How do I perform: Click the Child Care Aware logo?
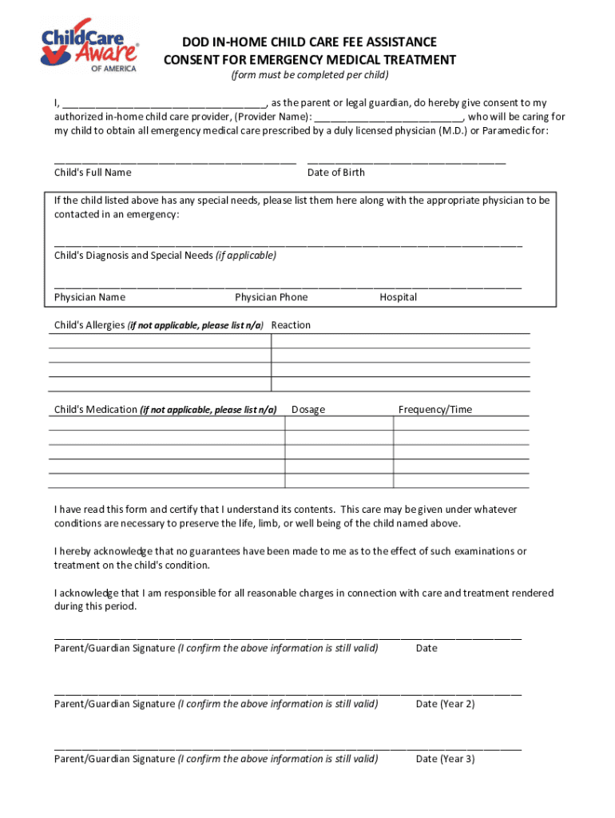[90, 46]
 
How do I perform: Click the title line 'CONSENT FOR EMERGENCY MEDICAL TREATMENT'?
[310, 60]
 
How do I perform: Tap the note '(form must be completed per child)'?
[310, 75]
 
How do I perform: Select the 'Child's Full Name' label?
[93, 173]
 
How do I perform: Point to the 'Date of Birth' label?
[335, 173]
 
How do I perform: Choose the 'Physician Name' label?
[89, 297]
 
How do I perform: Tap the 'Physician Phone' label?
[271, 297]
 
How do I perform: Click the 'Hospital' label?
[398, 297]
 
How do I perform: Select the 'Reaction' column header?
[291, 325]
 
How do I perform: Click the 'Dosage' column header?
[308, 410]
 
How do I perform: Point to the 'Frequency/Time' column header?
[435, 410]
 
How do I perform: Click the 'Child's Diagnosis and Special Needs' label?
[165, 256]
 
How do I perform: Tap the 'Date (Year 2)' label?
[445, 704]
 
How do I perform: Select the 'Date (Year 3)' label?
[445, 759]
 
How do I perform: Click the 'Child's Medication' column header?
[165, 410]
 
